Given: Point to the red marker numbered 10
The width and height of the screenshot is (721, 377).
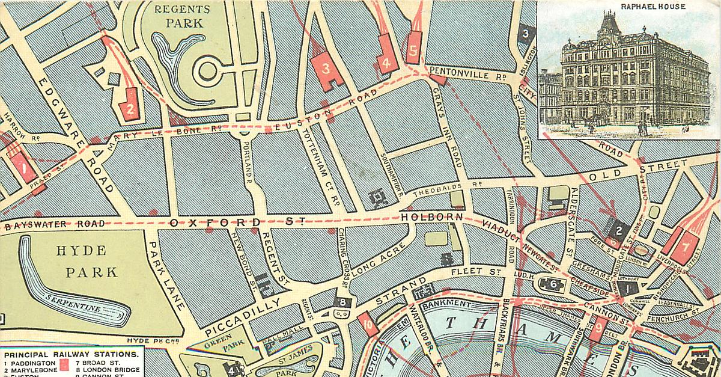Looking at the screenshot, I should click(x=368, y=324).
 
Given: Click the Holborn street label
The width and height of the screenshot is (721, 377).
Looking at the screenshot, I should click(x=432, y=217).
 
